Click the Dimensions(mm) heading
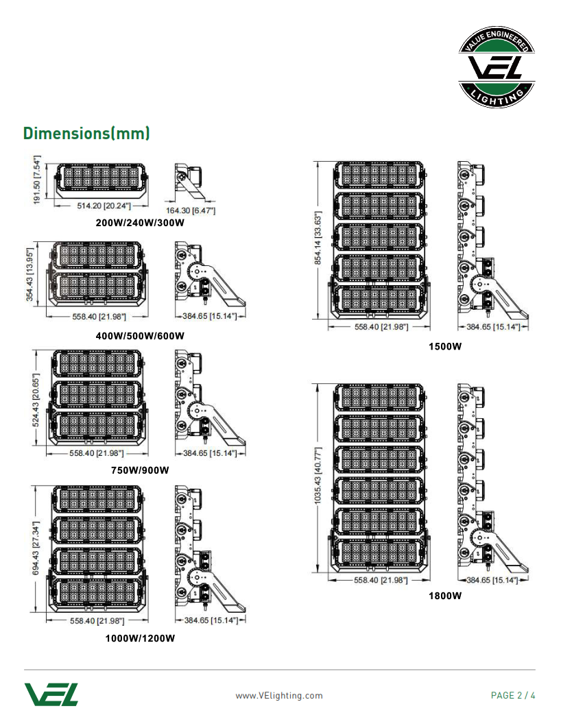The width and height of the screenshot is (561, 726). tap(86, 133)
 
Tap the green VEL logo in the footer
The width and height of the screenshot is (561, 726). tap(51, 694)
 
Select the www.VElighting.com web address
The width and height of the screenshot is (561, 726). tap(279, 696)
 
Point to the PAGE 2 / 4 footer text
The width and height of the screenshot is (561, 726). tap(513, 696)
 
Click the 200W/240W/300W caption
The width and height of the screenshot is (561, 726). tap(141, 223)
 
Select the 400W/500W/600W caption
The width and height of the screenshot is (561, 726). tap(141, 336)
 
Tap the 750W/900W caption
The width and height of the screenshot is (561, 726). tap(140, 470)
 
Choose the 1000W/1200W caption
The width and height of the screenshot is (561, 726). tap(140, 638)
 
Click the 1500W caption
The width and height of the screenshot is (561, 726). tap(445, 346)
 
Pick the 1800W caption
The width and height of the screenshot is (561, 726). tap(445, 596)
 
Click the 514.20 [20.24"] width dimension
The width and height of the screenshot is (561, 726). tap(104, 205)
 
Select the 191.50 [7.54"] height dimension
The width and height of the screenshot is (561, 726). tap(38, 180)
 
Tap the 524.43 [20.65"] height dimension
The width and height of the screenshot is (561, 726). tap(38, 398)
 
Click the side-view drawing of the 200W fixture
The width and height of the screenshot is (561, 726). tap(187, 178)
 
